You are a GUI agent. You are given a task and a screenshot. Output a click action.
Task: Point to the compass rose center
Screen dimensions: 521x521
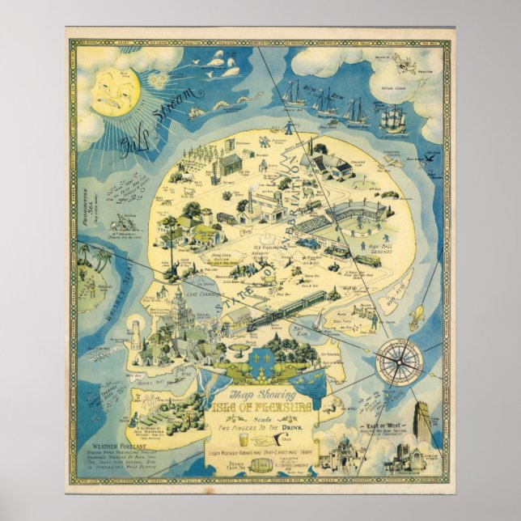pyautogui.click(x=400, y=358)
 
